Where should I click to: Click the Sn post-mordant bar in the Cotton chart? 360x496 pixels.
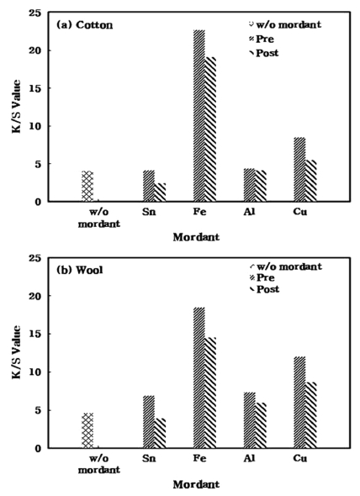161,193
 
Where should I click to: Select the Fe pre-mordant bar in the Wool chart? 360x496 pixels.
199,377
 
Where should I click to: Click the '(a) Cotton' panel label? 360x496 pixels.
83,25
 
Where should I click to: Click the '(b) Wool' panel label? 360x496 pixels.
79,272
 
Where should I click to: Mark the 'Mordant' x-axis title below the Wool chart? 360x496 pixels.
196,485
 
